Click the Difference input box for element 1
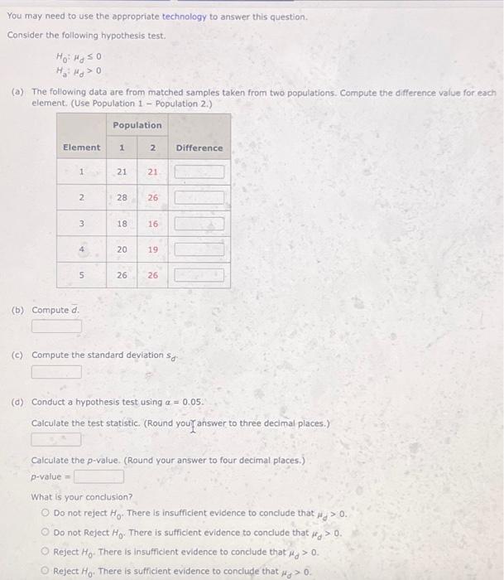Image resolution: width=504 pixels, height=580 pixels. (x=199, y=172)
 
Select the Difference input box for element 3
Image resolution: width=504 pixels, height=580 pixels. (x=199, y=224)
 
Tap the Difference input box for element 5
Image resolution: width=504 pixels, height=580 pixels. (x=199, y=274)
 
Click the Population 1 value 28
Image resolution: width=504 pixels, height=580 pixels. (x=122, y=198)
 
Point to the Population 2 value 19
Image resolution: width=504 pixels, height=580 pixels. (x=152, y=249)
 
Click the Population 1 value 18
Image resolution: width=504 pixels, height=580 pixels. (x=122, y=224)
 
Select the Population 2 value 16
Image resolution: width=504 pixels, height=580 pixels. (x=152, y=224)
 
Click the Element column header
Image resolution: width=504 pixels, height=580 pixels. (x=82, y=147)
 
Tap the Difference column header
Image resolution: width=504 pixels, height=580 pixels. (x=199, y=147)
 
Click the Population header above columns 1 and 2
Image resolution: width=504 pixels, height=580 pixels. (x=137, y=125)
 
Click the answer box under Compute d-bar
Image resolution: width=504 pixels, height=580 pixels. (x=57, y=326)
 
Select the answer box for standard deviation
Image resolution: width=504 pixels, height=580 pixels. (x=57, y=371)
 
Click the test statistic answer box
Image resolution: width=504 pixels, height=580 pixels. (x=57, y=439)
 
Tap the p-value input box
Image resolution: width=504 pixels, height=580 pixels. (x=99, y=476)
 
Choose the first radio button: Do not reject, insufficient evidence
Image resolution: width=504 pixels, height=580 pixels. (x=46, y=514)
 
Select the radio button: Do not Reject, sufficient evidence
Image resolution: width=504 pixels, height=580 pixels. (x=46, y=533)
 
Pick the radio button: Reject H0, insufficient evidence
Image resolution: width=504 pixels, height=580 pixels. (x=46, y=552)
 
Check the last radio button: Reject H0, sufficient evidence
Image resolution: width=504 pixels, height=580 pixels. (x=46, y=571)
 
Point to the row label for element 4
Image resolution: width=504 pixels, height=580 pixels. (x=81, y=249)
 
